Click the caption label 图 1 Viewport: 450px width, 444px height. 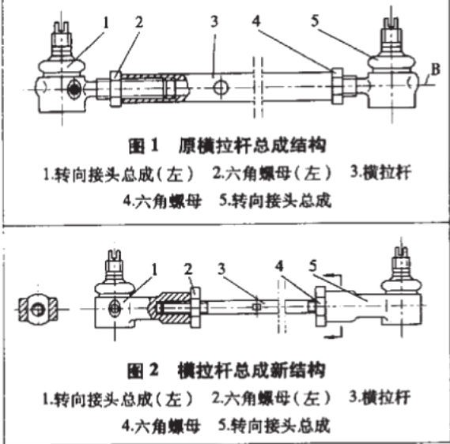(144, 146)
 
